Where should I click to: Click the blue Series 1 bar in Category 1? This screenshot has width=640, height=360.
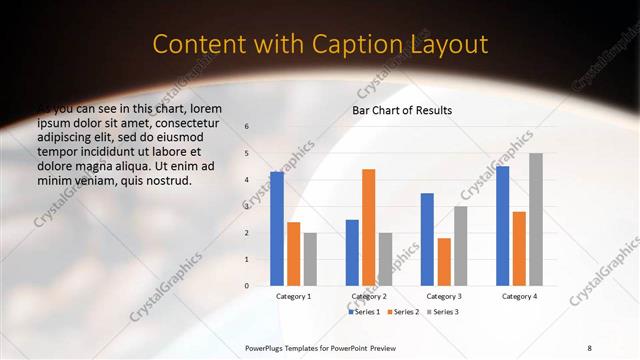coord(277,229)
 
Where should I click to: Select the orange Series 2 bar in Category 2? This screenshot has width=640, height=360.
coord(368,228)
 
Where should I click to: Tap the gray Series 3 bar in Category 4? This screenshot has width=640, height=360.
coord(536,219)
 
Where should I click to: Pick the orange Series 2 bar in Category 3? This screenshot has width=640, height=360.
coord(444,262)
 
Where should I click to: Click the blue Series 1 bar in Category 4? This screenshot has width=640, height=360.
coord(502,226)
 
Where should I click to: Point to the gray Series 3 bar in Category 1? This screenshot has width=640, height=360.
coord(310,259)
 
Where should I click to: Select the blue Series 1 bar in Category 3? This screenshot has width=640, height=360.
coord(427,239)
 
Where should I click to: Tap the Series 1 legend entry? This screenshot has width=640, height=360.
coord(364,312)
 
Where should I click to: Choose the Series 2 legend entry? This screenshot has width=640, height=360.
coord(403,312)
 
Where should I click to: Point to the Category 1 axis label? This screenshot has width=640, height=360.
coord(294,296)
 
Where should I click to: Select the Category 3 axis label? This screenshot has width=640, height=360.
coord(444,296)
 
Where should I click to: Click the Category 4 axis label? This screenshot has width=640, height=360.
coord(519,296)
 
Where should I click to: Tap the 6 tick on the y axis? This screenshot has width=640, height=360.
coord(247,127)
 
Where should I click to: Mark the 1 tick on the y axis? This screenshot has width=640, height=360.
coord(247,259)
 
